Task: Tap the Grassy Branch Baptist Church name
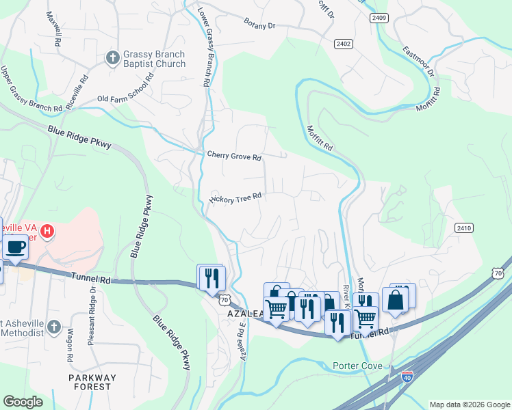154,59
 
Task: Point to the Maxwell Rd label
51,28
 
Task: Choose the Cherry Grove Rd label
234,156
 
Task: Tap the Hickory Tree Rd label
235,198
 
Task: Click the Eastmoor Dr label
418,60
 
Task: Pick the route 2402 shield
344,44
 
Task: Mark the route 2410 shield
463,228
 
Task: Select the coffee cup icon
15,247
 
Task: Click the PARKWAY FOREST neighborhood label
92,382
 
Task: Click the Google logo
23,402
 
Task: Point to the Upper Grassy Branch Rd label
31,89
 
